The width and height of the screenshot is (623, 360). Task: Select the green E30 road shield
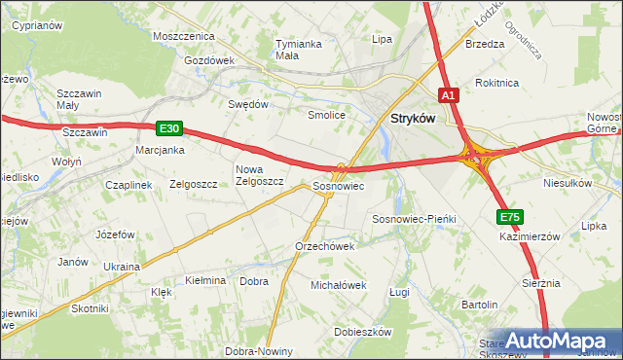[168, 127]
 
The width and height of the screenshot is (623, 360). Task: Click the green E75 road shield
[509, 217]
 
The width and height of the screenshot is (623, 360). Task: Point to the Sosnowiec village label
[338, 185]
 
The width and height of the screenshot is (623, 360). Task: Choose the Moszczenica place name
[183, 35]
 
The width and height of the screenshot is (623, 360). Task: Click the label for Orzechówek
[324, 246]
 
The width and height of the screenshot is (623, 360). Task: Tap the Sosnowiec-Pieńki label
[415, 220]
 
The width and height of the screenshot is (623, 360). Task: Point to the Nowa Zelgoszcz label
[259, 174]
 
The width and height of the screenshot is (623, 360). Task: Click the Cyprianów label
[36, 25]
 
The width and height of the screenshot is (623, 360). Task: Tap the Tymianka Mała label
[299, 50]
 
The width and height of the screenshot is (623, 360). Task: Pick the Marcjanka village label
[161, 150]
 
